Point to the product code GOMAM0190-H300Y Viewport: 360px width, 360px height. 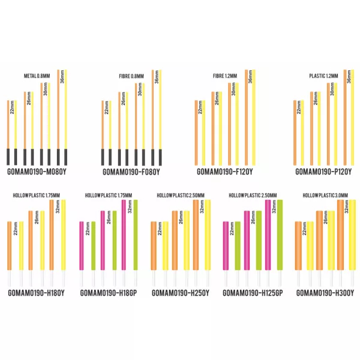326,293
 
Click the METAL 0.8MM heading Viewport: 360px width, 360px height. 37,76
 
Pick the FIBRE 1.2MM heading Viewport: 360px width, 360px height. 226,76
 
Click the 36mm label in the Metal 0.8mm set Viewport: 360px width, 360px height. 62,79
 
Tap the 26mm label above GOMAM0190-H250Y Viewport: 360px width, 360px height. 180,218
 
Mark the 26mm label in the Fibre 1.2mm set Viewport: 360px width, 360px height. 217,99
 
